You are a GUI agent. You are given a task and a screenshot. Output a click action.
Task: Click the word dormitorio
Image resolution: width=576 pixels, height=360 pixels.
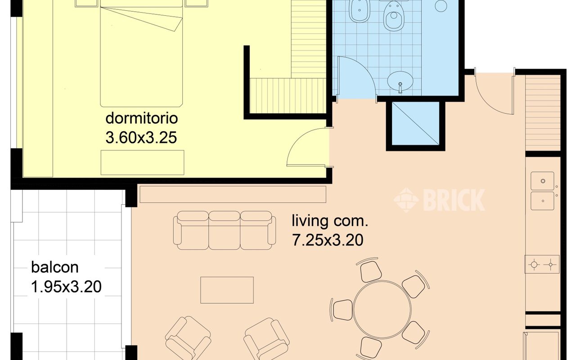(x=142, y=118)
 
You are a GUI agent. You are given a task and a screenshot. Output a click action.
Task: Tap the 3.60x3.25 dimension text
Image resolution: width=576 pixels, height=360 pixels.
(x=141, y=138)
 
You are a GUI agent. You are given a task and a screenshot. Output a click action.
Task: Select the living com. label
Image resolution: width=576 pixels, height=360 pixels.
(x=330, y=221)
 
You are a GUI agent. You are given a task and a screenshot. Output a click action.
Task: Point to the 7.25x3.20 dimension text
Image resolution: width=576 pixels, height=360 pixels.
(x=328, y=240)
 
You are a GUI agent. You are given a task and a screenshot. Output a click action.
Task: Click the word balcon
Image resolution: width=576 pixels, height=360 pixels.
(x=55, y=267)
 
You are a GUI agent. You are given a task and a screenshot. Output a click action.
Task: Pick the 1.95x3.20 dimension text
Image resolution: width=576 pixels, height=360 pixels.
(x=66, y=287)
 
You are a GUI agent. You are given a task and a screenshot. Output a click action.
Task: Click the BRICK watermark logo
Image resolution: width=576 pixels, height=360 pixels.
(x=439, y=200)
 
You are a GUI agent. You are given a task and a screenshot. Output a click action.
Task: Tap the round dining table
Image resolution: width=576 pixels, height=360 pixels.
(x=382, y=309)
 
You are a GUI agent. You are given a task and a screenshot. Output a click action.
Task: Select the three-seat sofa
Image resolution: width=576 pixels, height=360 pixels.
(x=225, y=230)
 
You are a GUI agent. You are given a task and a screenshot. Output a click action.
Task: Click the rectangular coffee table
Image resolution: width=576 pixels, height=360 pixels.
(x=227, y=290)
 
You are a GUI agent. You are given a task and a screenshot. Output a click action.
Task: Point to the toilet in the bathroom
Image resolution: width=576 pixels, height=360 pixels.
(x=393, y=16)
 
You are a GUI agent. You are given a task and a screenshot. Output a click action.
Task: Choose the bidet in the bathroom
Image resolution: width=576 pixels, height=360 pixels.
(x=360, y=11)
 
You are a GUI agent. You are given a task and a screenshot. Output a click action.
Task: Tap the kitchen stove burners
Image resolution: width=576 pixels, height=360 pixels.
(x=542, y=264)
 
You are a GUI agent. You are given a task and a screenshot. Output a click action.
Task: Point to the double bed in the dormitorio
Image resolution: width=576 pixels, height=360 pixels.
(x=141, y=54)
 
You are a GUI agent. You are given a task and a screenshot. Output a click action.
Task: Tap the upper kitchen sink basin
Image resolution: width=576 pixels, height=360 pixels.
(x=543, y=181)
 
